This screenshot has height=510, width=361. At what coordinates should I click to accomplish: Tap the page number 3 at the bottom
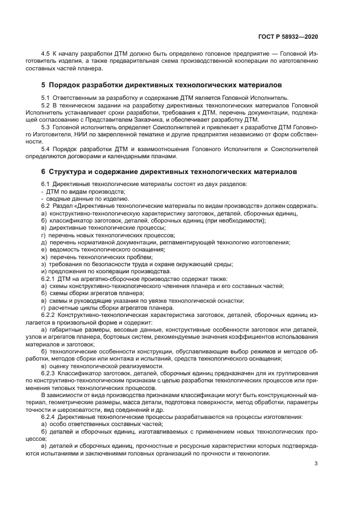[x=316, y=464]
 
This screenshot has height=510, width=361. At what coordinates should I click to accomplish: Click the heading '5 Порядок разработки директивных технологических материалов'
[x=162, y=86]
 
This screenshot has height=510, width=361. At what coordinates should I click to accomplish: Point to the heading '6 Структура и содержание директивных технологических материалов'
[x=169, y=171]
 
